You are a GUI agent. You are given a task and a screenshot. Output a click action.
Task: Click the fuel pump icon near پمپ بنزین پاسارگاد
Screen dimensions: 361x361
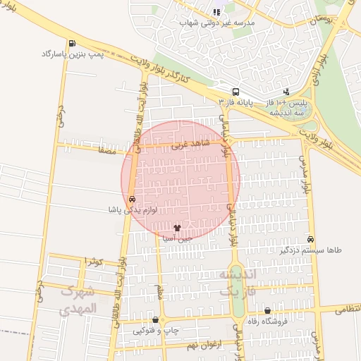[74, 44]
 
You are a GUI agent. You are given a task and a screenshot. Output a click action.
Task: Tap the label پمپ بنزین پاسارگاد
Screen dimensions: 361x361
[71, 54]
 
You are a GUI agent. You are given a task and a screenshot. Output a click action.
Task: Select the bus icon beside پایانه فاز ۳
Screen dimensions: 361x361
[235, 91]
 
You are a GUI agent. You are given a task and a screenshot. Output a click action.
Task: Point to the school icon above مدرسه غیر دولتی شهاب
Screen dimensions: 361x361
[217, 11]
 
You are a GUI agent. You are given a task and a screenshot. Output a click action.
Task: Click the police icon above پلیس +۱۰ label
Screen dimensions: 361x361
[286, 91]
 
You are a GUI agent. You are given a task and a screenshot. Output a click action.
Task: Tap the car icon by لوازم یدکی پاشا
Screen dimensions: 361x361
[132, 200]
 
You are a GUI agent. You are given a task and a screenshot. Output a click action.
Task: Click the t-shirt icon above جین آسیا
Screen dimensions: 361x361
[177, 228]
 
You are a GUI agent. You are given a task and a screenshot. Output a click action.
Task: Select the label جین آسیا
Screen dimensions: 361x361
[177, 238]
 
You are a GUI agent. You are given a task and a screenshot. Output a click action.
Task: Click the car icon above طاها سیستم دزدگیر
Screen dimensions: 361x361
[310, 240]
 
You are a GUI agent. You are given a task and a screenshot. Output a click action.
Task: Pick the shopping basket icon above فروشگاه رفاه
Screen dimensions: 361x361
[267, 311]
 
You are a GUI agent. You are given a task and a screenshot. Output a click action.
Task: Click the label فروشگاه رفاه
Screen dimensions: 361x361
[267, 322]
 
